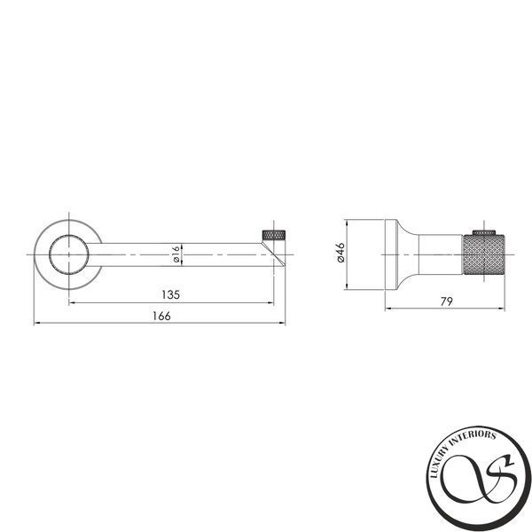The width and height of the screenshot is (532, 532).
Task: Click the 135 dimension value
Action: [170, 294]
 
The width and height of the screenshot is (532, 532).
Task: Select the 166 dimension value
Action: [161, 316]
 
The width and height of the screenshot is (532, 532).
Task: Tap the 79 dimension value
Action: [447, 301]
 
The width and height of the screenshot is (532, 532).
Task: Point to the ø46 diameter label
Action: [340, 253]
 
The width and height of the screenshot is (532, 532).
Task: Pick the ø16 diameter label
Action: [176, 254]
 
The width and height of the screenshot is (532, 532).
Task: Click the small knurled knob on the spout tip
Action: [273, 235]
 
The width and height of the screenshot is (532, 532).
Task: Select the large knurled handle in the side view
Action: [483, 254]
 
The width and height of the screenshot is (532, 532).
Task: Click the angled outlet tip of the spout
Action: [273, 254]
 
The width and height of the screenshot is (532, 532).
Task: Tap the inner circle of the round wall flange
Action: [69, 234]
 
